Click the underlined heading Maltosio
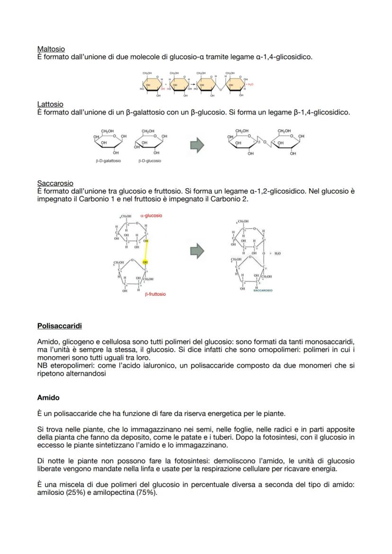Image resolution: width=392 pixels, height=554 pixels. (51, 49)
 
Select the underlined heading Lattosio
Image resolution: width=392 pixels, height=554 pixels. (50, 104)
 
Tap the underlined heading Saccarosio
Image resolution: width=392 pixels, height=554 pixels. (55, 183)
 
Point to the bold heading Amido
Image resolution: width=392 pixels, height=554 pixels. (48, 398)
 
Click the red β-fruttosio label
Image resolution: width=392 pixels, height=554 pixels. (155, 294)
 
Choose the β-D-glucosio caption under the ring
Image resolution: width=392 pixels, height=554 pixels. (150, 161)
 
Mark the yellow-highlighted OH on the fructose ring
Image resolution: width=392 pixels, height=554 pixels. (145, 262)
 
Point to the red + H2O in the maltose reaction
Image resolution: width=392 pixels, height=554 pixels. (249, 84)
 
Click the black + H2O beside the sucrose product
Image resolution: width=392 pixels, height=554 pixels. (276, 254)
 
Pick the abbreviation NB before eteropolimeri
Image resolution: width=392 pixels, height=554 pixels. (42, 366)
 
